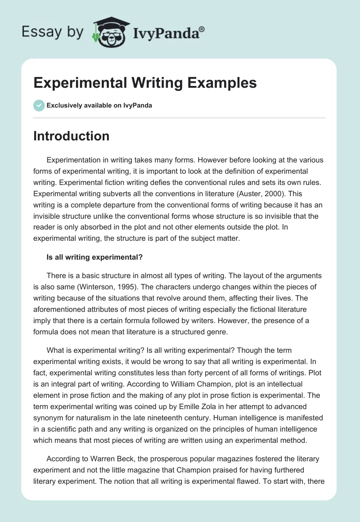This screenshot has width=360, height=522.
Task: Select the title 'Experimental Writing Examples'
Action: coord(145,83)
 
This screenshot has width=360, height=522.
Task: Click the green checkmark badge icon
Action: coord(39,105)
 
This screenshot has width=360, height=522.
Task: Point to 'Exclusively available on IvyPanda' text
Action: coord(99,106)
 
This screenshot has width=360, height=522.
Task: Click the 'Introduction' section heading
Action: coord(71,136)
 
